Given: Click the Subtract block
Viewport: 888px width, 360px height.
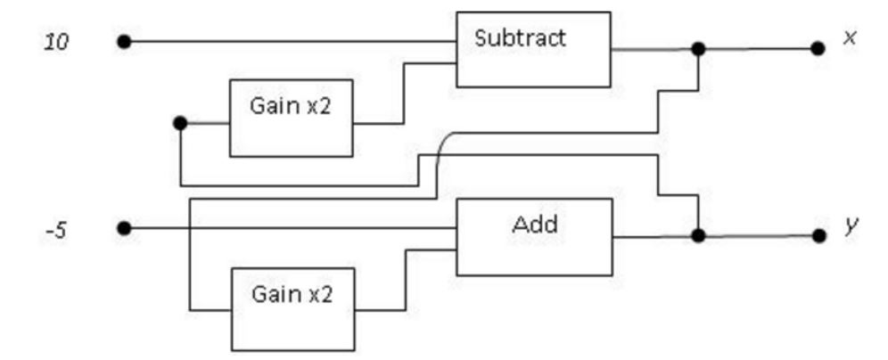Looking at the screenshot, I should click(533, 50).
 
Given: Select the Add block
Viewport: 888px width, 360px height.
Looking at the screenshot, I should click(534, 236).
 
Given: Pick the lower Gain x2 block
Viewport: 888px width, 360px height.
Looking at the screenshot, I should click(291, 308).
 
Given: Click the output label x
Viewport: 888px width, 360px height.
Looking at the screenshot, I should click(850, 38).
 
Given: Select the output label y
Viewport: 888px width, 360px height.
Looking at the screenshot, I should click(850, 228).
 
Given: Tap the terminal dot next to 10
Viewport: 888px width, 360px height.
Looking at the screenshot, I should click(124, 42).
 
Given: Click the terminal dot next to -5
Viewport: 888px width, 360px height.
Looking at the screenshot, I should click(124, 229).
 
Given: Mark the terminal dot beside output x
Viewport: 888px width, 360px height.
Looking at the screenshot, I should click(818, 49).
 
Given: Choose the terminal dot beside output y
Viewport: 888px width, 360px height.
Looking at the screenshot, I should click(818, 235).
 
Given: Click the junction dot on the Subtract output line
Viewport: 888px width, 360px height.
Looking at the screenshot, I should click(698, 49).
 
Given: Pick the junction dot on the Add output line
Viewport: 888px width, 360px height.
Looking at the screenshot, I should click(698, 235).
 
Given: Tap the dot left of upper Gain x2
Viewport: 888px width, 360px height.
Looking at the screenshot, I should click(180, 123).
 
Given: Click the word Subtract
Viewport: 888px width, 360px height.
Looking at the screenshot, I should click(520, 38).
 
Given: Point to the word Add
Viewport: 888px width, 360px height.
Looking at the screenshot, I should click(535, 224).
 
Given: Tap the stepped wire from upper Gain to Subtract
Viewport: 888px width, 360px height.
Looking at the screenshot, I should click(404, 94).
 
